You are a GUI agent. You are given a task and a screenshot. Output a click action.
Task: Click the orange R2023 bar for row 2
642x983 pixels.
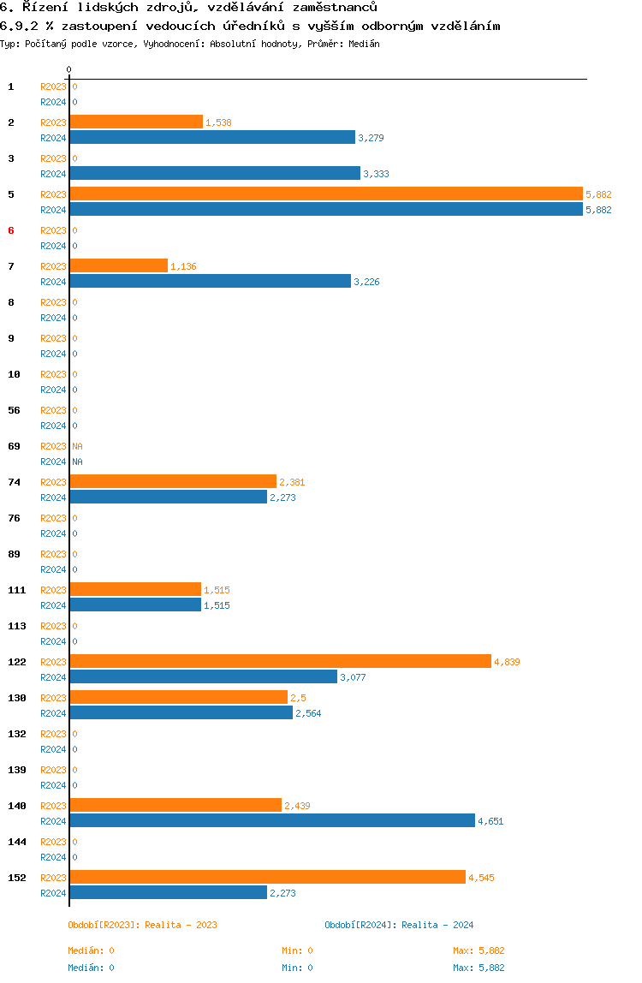(x=136, y=122)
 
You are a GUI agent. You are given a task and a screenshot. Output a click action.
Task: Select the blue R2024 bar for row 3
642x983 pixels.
(x=215, y=174)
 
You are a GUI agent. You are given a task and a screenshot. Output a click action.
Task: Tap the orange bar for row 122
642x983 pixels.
(x=280, y=661)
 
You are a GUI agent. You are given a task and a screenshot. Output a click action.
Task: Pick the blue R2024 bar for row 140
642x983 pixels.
(x=272, y=820)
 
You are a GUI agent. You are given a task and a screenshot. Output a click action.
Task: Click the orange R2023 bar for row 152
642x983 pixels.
(x=268, y=877)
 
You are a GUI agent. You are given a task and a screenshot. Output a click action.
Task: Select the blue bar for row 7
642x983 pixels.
(x=210, y=282)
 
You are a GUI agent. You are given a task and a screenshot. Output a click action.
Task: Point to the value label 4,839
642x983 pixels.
(x=508, y=662)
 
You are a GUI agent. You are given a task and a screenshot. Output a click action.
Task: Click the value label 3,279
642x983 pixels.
(x=372, y=138)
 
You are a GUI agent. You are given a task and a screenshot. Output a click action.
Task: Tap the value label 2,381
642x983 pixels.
(x=292, y=482)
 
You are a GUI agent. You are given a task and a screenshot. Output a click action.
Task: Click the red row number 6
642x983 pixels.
(x=10, y=230)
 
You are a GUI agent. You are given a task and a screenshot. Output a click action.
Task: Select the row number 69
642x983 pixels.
(x=14, y=446)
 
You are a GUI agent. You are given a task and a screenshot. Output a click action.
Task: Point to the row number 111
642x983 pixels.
(x=17, y=590)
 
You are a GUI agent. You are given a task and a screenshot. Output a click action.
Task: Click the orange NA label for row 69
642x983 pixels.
(x=77, y=446)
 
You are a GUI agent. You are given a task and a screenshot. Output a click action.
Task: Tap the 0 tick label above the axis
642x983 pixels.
(x=69, y=69)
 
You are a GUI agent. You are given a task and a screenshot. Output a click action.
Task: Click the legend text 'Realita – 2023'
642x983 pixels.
(x=181, y=925)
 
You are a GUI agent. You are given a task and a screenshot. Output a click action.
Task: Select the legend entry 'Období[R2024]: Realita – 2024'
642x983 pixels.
(x=399, y=925)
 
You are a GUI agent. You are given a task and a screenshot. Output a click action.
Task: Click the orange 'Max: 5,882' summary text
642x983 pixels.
(x=479, y=951)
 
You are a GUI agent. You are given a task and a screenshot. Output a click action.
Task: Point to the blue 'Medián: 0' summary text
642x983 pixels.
(x=91, y=968)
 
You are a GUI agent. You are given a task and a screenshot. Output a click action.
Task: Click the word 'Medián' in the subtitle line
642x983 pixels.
(x=364, y=44)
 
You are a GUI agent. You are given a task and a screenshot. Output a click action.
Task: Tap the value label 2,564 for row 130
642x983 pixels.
(x=308, y=713)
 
